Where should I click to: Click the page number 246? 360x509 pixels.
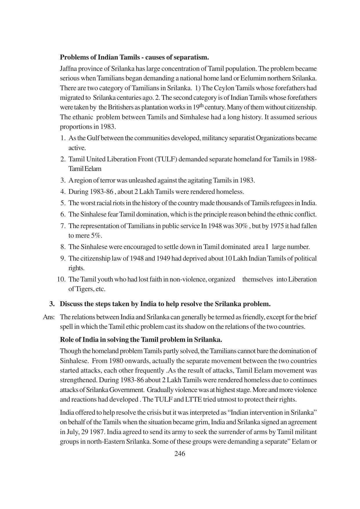pyautogui.click(x=180, y=454)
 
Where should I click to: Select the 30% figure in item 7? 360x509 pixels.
pyautogui.click(x=241, y=226)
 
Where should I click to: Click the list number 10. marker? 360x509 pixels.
pyautogui.click(x=61, y=279)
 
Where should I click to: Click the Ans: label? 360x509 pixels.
pyautogui.click(x=48, y=317)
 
